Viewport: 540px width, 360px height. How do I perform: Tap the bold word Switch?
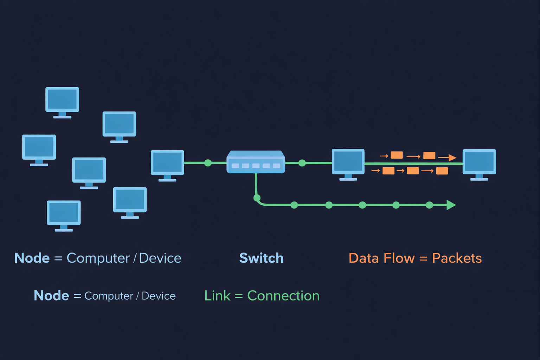point(261,258)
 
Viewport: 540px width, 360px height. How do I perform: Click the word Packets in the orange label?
point(457,258)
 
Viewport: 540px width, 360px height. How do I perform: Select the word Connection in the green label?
point(283,296)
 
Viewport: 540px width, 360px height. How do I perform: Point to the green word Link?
point(217,296)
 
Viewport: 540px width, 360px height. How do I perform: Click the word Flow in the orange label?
point(399,258)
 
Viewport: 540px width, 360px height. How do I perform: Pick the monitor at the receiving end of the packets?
point(479,162)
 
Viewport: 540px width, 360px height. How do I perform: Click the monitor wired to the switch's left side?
point(167,163)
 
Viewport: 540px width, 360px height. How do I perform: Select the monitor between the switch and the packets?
point(348,162)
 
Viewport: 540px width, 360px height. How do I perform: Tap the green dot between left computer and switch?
point(208,163)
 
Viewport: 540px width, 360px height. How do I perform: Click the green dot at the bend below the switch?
point(257,198)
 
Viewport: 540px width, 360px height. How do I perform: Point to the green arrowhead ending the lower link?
point(451,205)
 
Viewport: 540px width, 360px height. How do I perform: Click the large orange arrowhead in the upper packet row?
point(452,157)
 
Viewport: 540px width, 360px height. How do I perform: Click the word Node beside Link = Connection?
point(51,296)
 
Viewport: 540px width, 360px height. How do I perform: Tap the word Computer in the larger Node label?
point(98,258)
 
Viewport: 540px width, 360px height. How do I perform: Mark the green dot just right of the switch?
point(302,163)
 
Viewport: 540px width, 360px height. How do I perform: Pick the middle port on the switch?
point(256,166)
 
